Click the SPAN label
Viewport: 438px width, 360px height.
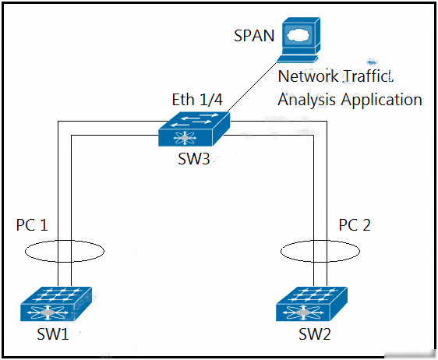pyautogui.click(x=254, y=36)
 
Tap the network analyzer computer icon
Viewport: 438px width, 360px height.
pyautogui.click(x=298, y=40)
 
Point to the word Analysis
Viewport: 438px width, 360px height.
pyautogui.click(x=306, y=100)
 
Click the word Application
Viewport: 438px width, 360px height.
pyautogui.click(x=381, y=100)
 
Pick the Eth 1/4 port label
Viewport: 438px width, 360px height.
pyautogui.click(x=197, y=100)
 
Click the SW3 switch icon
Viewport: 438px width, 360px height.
pyautogui.click(x=194, y=129)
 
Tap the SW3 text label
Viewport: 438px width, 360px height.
pyautogui.click(x=193, y=159)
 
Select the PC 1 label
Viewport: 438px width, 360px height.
pyautogui.click(x=32, y=225)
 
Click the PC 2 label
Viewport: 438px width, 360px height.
pyautogui.click(x=354, y=225)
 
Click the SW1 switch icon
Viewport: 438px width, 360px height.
pyautogui.click(x=56, y=304)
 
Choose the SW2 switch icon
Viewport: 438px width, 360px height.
pyautogui.click(x=312, y=304)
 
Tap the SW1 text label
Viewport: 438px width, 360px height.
pyautogui.click(x=53, y=334)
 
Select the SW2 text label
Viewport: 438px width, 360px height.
pyautogui.click(x=315, y=334)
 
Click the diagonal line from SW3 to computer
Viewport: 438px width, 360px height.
pyautogui.click(x=253, y=87)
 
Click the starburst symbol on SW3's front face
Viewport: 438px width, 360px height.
pyautogui.click(x=185, y=138)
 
